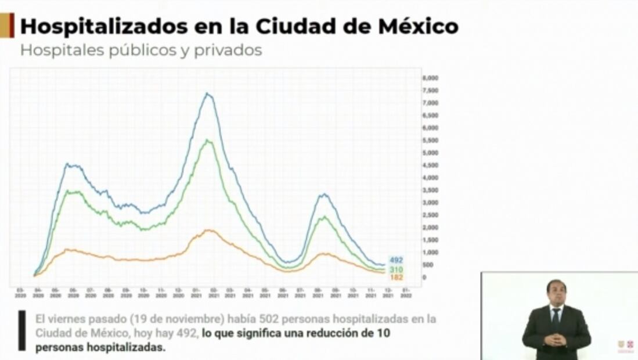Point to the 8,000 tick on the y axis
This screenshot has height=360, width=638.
click(430, 78)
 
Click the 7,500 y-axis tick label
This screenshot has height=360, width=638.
click(430, 91)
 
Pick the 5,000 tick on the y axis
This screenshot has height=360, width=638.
click(430, 153)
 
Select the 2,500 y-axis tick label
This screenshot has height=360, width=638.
click(430, 215)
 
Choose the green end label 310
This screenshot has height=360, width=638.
click(396, 270)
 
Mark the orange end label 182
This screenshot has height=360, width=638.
click(396, 278)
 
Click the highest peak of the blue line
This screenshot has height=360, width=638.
click(207, 93)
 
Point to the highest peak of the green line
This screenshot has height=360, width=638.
click(207, 140)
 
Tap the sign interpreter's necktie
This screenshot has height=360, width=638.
click(556, 316)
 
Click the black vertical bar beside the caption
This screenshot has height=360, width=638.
click(22, 330)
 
